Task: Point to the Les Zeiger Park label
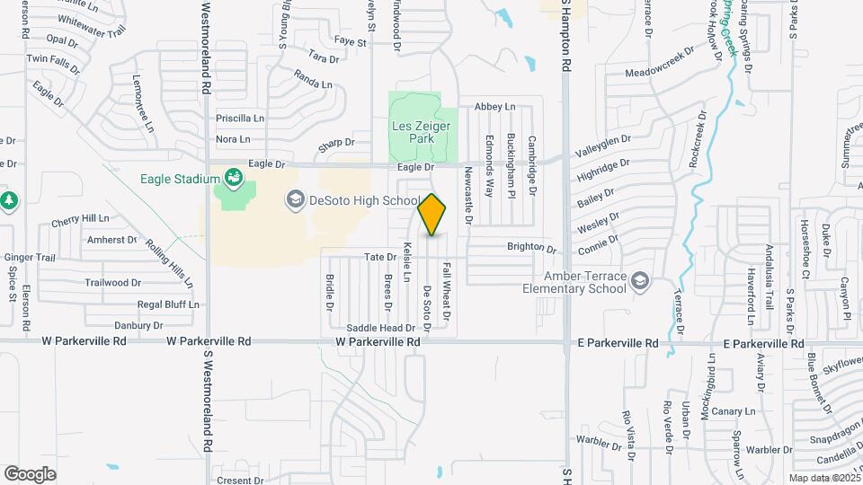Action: coord(414,133)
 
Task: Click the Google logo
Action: coord(31,473)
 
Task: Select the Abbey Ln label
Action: coord(494,107)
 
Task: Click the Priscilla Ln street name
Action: coord(240,118)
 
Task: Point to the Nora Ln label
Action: coord(233,139)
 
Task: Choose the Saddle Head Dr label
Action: coord(380,328)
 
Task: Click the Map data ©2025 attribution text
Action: coord(824,477)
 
